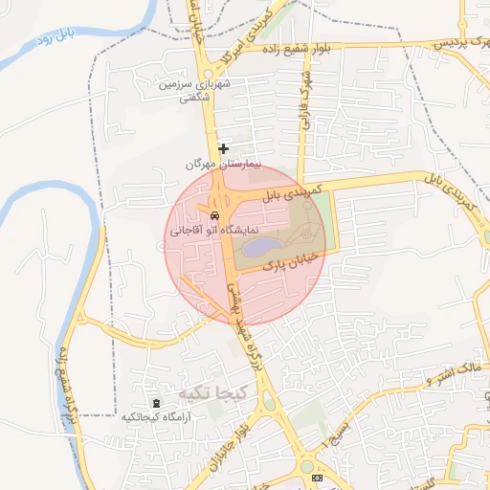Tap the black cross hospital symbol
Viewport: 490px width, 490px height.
pyautogui.click(x=223, y=149)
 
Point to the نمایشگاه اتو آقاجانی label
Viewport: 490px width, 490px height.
pyautogui.click(x=201, y=232)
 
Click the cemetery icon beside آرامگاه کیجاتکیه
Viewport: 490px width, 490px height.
pyautogui.click(x=157, y=403)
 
